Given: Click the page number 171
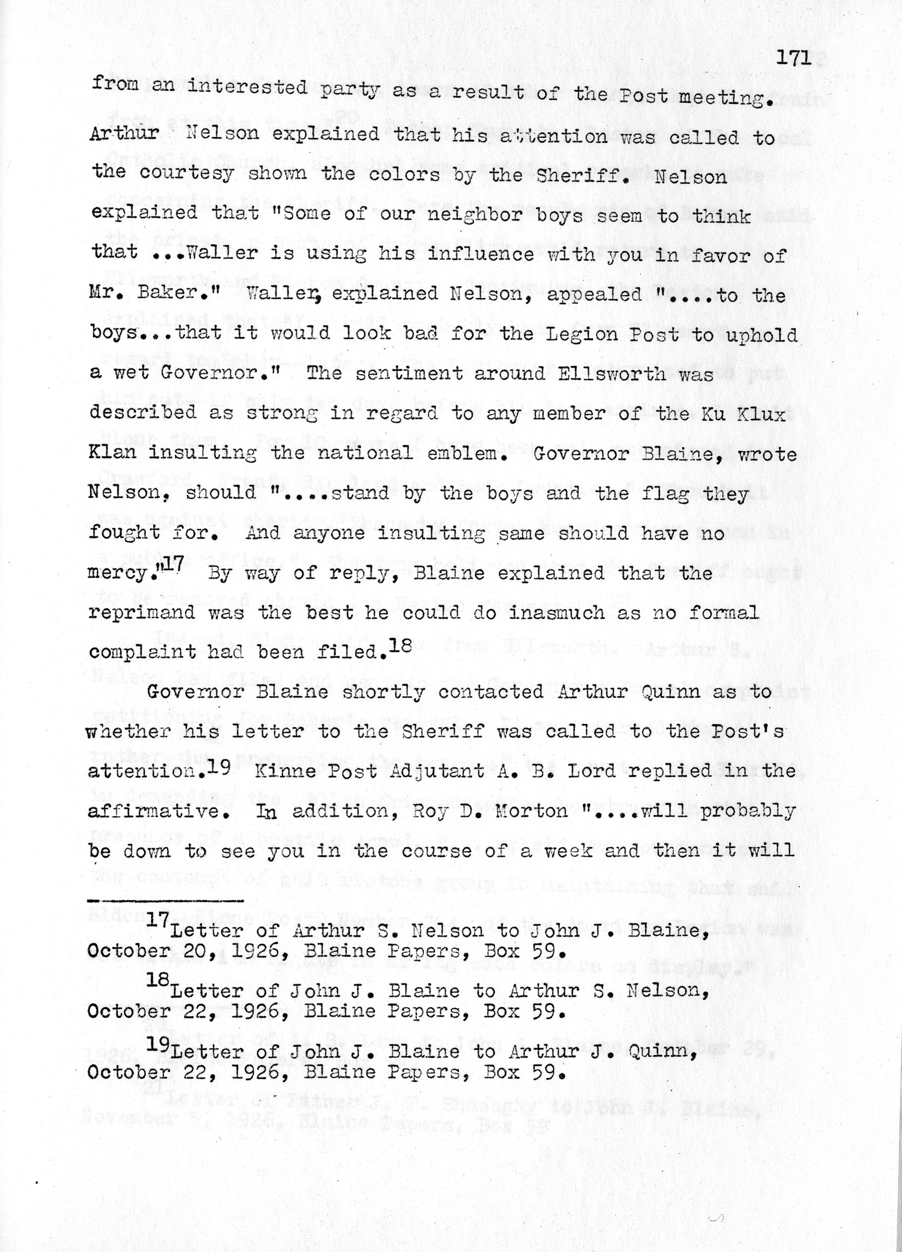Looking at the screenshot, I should pos(793,58).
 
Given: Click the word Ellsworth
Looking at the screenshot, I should pos(613,374).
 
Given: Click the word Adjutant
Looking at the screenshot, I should pos(438,771).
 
